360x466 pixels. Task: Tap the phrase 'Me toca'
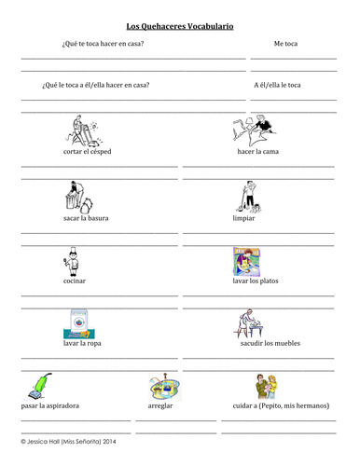(x=286, y=44)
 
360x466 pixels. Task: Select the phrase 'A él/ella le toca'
(x=277, y=85)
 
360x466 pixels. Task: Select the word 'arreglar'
(x=161, y=407)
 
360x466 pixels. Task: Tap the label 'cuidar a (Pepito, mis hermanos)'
(x=277, y=407)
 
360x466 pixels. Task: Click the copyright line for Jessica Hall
(x=74, y=445)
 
